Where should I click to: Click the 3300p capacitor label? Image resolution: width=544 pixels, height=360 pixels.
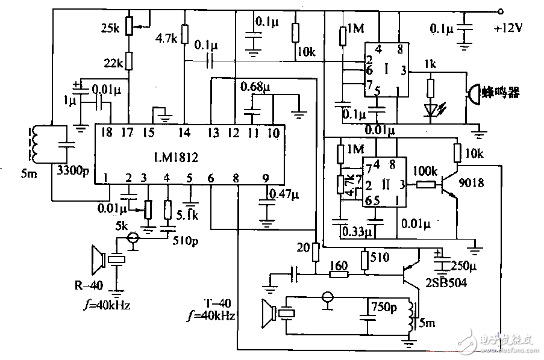tap(72, 171)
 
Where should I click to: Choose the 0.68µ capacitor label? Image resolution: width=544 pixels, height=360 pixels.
tap(255, 87)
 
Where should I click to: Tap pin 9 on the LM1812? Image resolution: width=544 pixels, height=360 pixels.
tap(265, 178)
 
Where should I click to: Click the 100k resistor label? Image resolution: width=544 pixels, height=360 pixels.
tap(425, 172)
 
